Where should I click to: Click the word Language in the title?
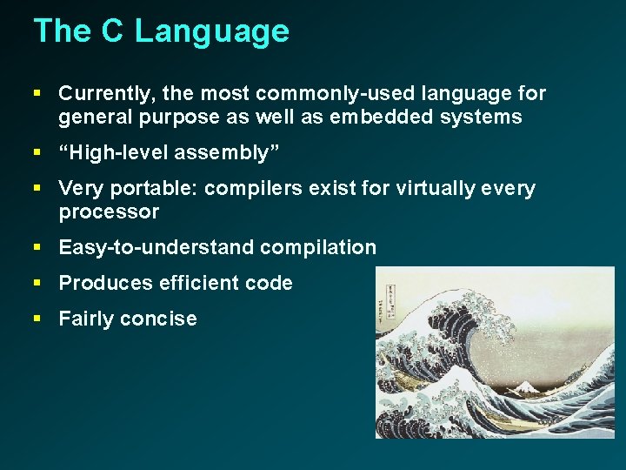click(x=212, y=32)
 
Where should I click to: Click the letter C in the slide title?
click(x=111, y=31)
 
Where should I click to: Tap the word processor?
click(x=109, y=212)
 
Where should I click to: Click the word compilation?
click(x=318, y=248)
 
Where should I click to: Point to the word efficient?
click(x=202, y=284)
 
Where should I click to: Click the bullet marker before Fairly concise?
click(x=37, y=319)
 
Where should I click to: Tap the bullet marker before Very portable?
click(x=37, y=188)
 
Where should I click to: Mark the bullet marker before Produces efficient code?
click(x=37, y=283)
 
